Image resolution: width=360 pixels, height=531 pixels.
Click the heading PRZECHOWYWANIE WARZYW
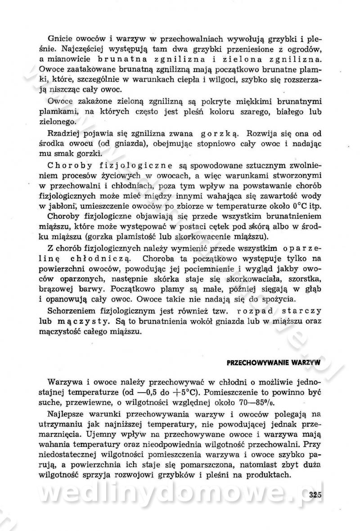tap(273, 362)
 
